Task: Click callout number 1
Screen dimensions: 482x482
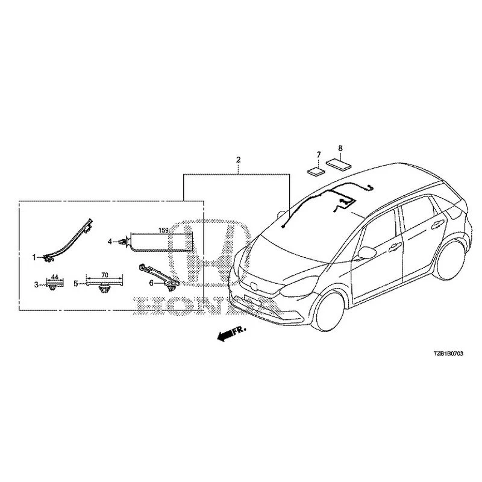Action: [34, 258]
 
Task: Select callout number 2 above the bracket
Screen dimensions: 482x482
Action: [238, 160]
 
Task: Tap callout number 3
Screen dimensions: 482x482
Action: [36, 284]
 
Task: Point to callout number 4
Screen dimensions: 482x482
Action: [110, 242]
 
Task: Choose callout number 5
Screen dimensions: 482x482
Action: [76, 284]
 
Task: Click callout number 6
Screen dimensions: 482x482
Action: [151, 283]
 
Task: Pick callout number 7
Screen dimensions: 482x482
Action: [319, 154]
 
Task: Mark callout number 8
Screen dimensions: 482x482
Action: [340, 148]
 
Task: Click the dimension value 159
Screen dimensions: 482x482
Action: [163, 230]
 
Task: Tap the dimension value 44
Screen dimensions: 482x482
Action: [54, 277]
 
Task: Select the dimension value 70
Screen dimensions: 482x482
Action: [105, 274]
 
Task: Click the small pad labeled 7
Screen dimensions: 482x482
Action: [316, 171]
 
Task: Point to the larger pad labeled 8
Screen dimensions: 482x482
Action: [339, 164]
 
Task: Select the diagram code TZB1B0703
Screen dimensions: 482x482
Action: [448, 354]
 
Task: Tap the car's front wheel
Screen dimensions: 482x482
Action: [329, 311]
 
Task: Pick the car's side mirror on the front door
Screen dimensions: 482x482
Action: [366, 252]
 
